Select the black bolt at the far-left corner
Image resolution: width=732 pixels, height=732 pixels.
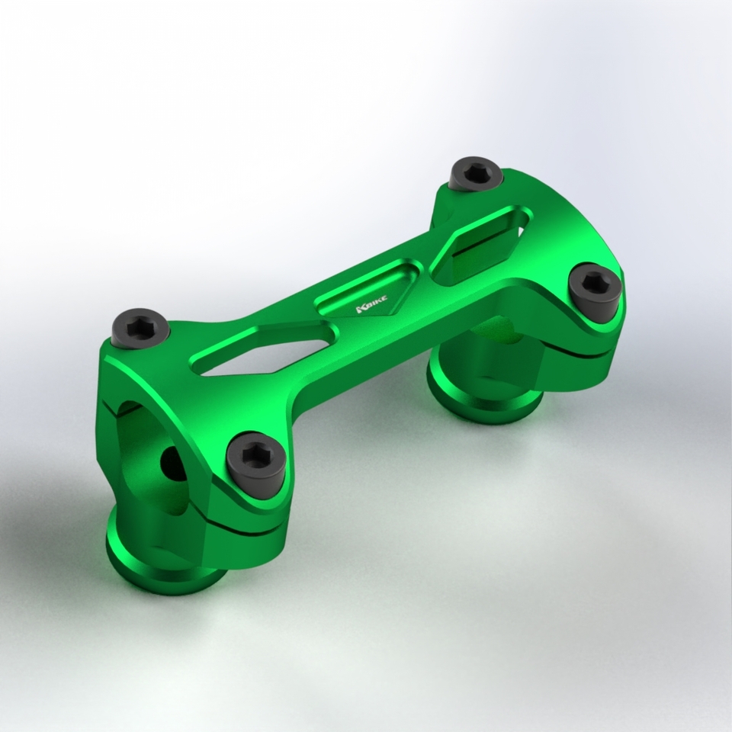[140, 328]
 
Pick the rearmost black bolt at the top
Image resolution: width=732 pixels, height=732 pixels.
[476, 174]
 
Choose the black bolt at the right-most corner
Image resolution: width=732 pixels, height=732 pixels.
[595, 291]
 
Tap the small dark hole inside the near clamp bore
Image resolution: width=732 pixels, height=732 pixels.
[172, 464]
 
